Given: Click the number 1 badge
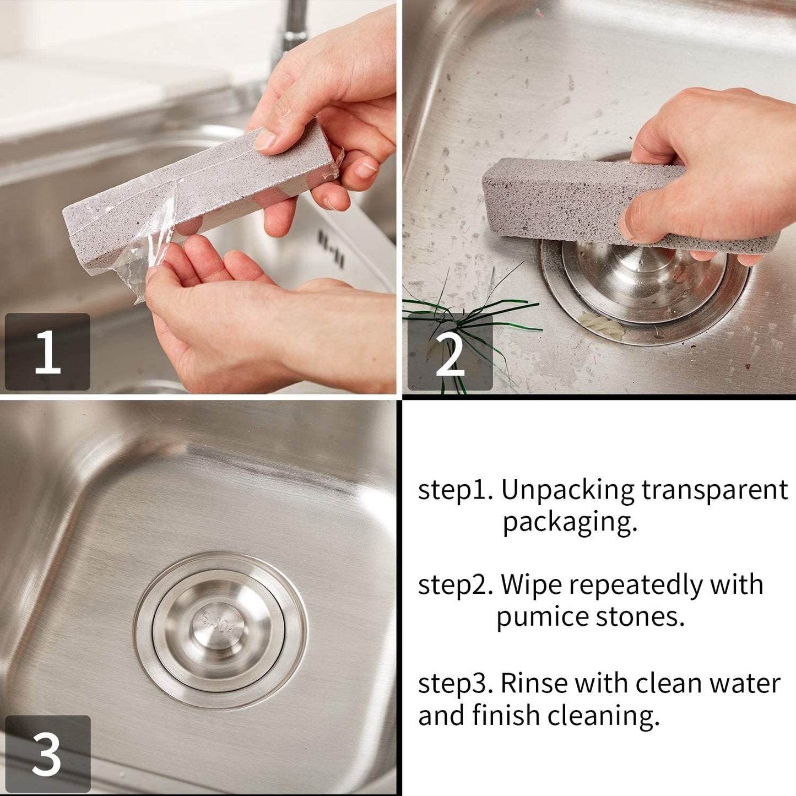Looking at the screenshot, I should coord(47,351).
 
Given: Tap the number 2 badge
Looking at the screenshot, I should coord(450,353).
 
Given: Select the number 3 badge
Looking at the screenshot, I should coord(47,754).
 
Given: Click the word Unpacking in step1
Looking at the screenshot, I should coord(567,490).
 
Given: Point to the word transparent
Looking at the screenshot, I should coord(714,490).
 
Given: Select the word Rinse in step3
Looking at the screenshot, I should coord(533,684).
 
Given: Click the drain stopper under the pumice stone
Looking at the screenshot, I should coord(645,281).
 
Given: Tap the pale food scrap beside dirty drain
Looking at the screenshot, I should coord(603,326).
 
